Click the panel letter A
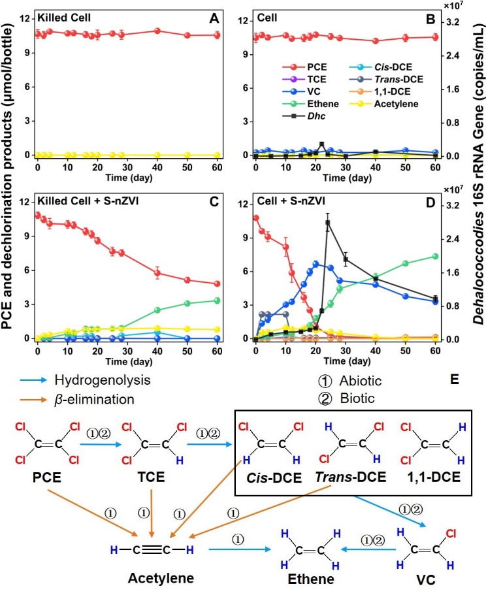coord(213,19)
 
